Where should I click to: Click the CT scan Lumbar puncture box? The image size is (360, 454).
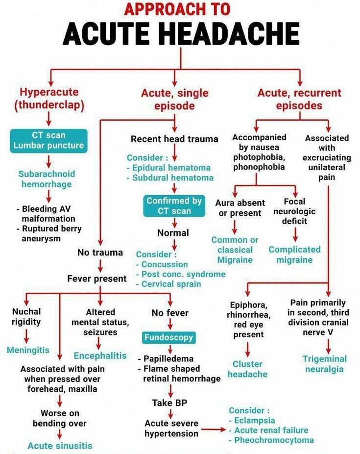click(48, 140)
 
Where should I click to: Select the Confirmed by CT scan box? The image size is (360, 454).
click(173, 206)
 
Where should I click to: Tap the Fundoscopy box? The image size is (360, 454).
click(169, 337)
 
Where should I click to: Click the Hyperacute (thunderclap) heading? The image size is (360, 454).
click(49, 98)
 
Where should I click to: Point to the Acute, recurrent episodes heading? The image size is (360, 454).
click(299, 99)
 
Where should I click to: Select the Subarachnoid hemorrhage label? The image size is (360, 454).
click(47, 179)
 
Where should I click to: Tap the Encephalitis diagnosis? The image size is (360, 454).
click(100, 355)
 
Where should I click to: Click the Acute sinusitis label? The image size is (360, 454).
click(60, 446)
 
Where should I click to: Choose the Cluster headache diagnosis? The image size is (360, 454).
click(248, 369)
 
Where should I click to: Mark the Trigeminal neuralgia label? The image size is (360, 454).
click(324, 364)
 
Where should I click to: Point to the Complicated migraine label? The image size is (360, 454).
click(294, 254)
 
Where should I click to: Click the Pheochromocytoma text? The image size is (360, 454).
click(271, 440)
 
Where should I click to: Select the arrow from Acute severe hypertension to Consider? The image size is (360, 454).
click(213, 430)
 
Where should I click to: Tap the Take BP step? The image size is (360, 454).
click(169, 403)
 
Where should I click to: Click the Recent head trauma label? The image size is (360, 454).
click(174, 139)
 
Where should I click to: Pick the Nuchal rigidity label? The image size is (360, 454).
click(26, 317)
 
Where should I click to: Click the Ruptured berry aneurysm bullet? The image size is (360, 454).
click(50, 233)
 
